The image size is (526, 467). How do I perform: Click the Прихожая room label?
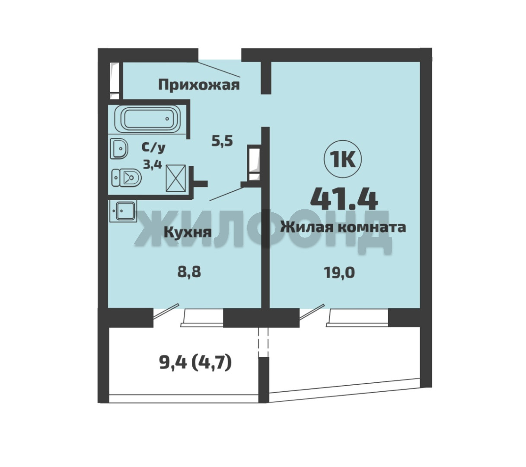pyautogui.click(x=199, y=85)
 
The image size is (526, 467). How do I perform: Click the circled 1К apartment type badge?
pyautogui.click(x=343, y=160)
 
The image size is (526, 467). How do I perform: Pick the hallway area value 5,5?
pyautogui.click(x=222, y=141)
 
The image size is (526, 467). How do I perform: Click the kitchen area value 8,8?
pyautogui.click(x=189, y=273)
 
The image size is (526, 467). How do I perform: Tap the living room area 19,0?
pyautogui.click(x=339, y=273)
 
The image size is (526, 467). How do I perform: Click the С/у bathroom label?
pyautogui.click(x=153, y=147)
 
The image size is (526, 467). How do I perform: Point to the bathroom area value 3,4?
pyautogui.click(x=153, y=164)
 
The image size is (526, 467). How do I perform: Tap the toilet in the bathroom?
pyautogui.click(x=126, y=178)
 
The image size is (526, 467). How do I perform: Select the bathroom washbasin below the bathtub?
pyautogui.click(x=119, y=148)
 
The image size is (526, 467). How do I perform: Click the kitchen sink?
pyautogui.click(x=123, y=211)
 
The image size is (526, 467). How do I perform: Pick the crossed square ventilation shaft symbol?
pyautogui.click(x=176, y=178)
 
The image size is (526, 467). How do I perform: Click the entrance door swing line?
pyautogui.click(x=219, y=69)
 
